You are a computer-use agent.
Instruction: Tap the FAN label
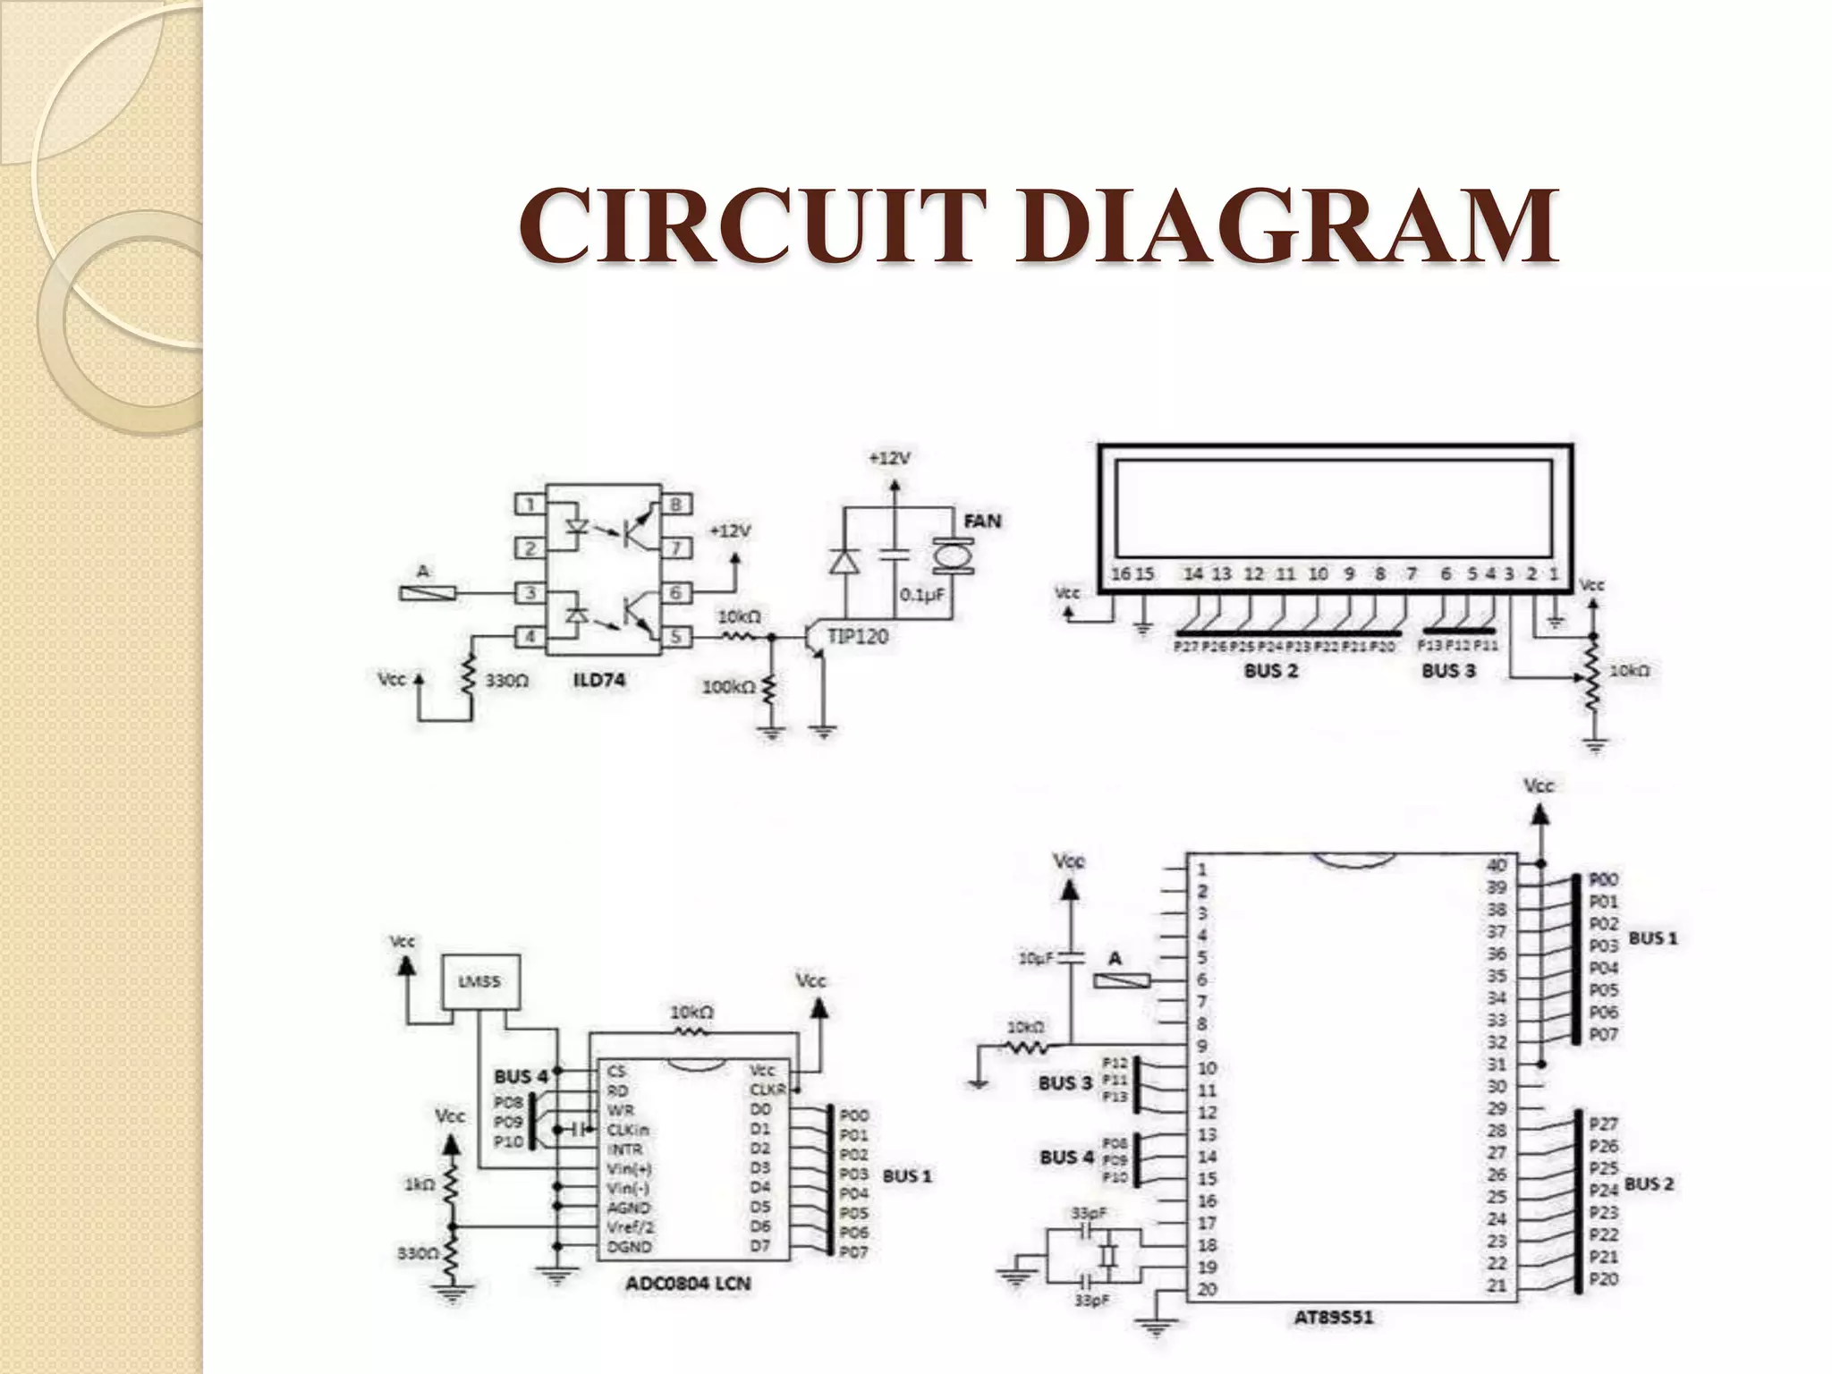[981, 521]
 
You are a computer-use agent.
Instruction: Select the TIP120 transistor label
[857, 637]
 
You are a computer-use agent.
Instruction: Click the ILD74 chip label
[598, 681]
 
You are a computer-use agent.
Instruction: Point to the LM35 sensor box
[480, 982]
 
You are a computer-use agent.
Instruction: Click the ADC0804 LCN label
[687, 1284]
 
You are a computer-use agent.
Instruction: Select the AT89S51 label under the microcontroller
[1333, 1317]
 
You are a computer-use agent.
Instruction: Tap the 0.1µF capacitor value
[922, 595]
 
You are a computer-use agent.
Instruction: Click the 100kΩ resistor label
[728, 687]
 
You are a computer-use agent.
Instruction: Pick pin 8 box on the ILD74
[676, 505]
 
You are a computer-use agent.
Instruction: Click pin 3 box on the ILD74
[530, 593]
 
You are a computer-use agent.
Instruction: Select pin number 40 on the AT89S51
[1497, 865]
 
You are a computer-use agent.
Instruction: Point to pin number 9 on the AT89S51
[1202, 1046]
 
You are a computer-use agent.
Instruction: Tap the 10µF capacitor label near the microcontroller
[1037, 958]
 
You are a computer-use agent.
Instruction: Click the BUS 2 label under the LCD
[1270, 671]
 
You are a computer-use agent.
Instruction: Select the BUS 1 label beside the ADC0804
[906, 1176]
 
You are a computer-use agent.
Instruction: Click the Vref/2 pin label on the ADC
[628, 1227]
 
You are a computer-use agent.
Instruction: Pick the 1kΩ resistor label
[419, 1184]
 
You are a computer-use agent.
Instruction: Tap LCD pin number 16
[1121, 573]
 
